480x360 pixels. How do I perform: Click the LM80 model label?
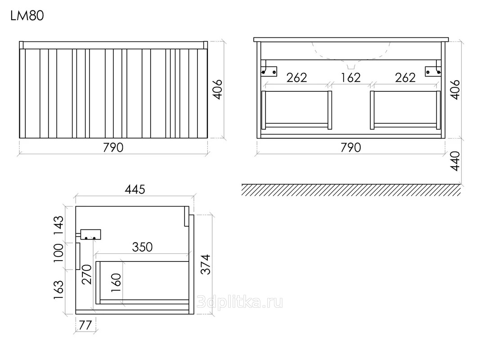pyautogui.click(x=27, y=16)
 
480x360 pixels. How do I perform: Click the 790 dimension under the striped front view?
pyautogui.click(x=113, y=148)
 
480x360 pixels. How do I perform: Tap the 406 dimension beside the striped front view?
pyautogui.click(x=217, y=90)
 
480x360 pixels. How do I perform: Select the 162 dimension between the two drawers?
pyautogui.click(x=351, y=77)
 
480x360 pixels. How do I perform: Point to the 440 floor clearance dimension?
pyautogui.click(x=456, y=161)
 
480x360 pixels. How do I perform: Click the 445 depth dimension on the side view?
pyautogui.click(x=135, y=189)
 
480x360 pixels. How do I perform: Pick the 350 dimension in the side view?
pyautogui.click(x=142, y=247)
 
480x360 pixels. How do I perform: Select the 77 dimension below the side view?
pyautogui.click(x=85, y=325)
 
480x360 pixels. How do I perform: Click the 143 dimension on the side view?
pyautogui.click(x=58, y=225)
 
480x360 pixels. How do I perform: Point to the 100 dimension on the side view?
pyautogui.click(x=58, y=253)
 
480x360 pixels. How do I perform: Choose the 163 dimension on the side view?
pyautogui.click(x=58, y=290)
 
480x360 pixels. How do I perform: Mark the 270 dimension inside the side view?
pyautogui.click(x=87, y=274)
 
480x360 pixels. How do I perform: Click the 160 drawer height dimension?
pyautogui.click(x=117, y=282)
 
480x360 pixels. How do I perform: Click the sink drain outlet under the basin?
pyautogui.click(x=351, y=67)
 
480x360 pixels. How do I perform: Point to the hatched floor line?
pyautogui.click(x=351, y=190)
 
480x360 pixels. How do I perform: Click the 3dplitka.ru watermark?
pyautogui.click(x=240, y=302)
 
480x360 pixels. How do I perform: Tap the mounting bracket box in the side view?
pyautogui.click(x=90, y=234)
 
